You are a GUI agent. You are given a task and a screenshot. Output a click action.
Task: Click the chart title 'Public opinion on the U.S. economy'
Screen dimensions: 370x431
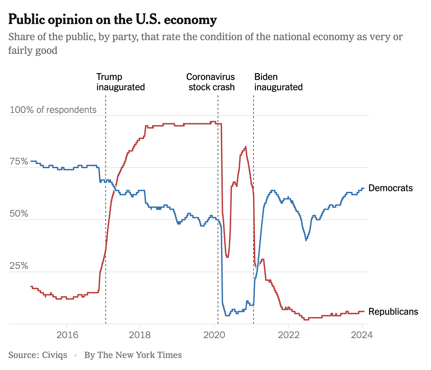click(x=112, y=20)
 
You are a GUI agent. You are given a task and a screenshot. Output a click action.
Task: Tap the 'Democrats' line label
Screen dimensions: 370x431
click(x=390, y=188)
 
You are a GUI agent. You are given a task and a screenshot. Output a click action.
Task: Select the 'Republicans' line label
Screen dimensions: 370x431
click(x=393, y=312)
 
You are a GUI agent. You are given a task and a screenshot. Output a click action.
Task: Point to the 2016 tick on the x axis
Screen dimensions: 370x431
click(x=67, y=335)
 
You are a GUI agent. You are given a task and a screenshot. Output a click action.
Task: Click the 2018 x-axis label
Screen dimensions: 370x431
click(x=140, y=335)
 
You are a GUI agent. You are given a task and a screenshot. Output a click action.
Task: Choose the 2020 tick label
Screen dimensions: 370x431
click(x=214, y=335)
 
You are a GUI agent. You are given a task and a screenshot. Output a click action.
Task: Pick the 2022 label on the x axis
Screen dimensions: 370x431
click(x=288, y=335)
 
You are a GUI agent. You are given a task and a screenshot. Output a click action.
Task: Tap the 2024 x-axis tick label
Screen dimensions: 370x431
click(x=362, y=335)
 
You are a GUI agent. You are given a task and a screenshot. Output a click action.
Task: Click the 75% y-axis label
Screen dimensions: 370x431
click(x=19, y=162)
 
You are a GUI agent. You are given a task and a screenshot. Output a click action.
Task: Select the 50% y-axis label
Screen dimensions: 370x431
click(x=19, y=214)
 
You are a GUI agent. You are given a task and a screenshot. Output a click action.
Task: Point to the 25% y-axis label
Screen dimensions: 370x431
click(x=19, y=266)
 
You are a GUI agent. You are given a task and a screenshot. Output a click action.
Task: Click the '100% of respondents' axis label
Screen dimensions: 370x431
click(x=53, y=110)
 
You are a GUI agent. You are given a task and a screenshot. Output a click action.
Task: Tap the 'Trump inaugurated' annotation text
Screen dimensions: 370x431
click(x=120, y=82)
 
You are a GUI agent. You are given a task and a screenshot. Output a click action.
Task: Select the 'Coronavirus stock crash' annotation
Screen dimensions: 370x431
click(x=211, y=82)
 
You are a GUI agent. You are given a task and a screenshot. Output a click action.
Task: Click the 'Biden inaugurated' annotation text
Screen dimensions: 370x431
click(x=278, y=82)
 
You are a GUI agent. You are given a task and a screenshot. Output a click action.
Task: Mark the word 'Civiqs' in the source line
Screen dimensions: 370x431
click(x=54, y=355)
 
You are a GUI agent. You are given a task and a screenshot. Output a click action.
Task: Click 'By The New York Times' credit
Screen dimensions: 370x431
click(x=133, y=355)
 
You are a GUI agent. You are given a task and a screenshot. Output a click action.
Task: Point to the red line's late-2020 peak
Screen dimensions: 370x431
click(x=245, y=147)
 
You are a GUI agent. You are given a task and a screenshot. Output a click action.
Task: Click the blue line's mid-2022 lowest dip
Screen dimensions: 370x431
click(x=306, y=240)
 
